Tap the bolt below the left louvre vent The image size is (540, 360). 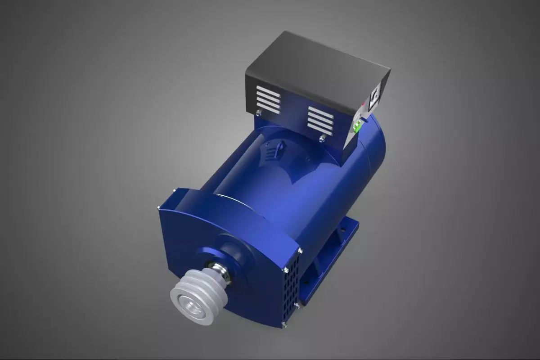point(259,113)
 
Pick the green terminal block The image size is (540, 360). point(357,128)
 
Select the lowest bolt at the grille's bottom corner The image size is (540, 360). point(283,324)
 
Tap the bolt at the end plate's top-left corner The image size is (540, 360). point(158,208)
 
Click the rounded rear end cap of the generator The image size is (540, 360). point(376,144)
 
